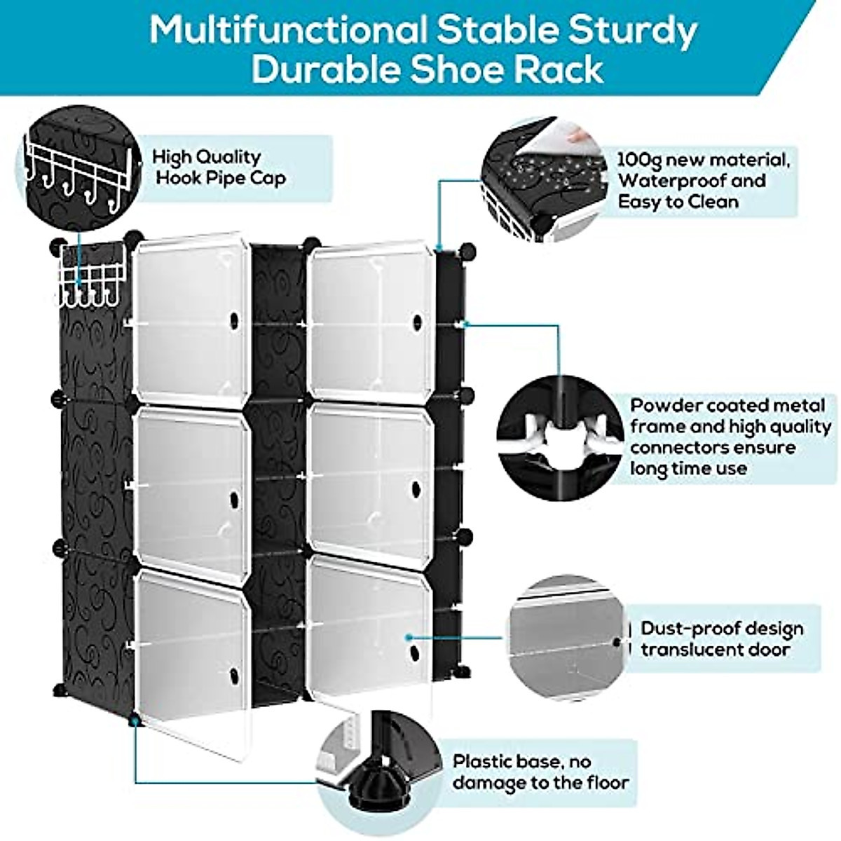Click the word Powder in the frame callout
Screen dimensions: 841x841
[x=666, y=406]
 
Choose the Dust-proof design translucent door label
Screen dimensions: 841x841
[x=722, y=638]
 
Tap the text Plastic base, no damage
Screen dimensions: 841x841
[x=540, y=772]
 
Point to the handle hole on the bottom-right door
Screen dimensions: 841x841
[x=414, y=651]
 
